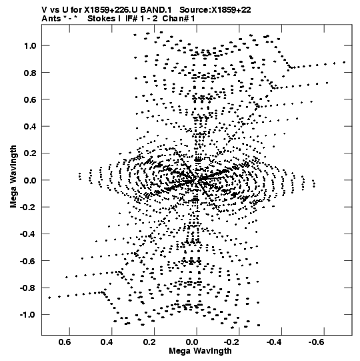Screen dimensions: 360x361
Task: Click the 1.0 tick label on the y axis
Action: coord(30,46)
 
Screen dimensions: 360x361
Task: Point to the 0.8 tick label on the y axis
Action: coord(30,73)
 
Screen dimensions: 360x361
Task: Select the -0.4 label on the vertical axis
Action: coord(28,234)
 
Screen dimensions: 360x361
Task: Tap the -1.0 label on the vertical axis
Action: coord(28,315)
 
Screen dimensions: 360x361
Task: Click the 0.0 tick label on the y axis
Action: coord(30,180)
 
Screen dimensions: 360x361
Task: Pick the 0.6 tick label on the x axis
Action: coord(65,342)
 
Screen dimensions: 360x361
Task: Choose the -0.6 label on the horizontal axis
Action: coord(317,342)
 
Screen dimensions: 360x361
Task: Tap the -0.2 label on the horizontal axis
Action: coord(231,342)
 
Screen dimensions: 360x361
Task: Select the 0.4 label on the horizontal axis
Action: coord(107,342)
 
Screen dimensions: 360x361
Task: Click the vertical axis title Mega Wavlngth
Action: coord(13,177)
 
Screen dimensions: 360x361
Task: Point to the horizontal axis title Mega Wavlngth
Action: coord(200,351)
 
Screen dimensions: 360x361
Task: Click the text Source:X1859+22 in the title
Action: coord(215,10)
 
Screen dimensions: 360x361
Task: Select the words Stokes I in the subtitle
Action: coord(104,19)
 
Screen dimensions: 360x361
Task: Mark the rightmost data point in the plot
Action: coord(344,62)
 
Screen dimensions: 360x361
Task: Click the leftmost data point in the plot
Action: coord(49,298)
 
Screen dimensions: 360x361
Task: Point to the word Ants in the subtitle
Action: coord(51,19)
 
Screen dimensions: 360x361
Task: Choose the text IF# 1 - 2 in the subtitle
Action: coord(141,19)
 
